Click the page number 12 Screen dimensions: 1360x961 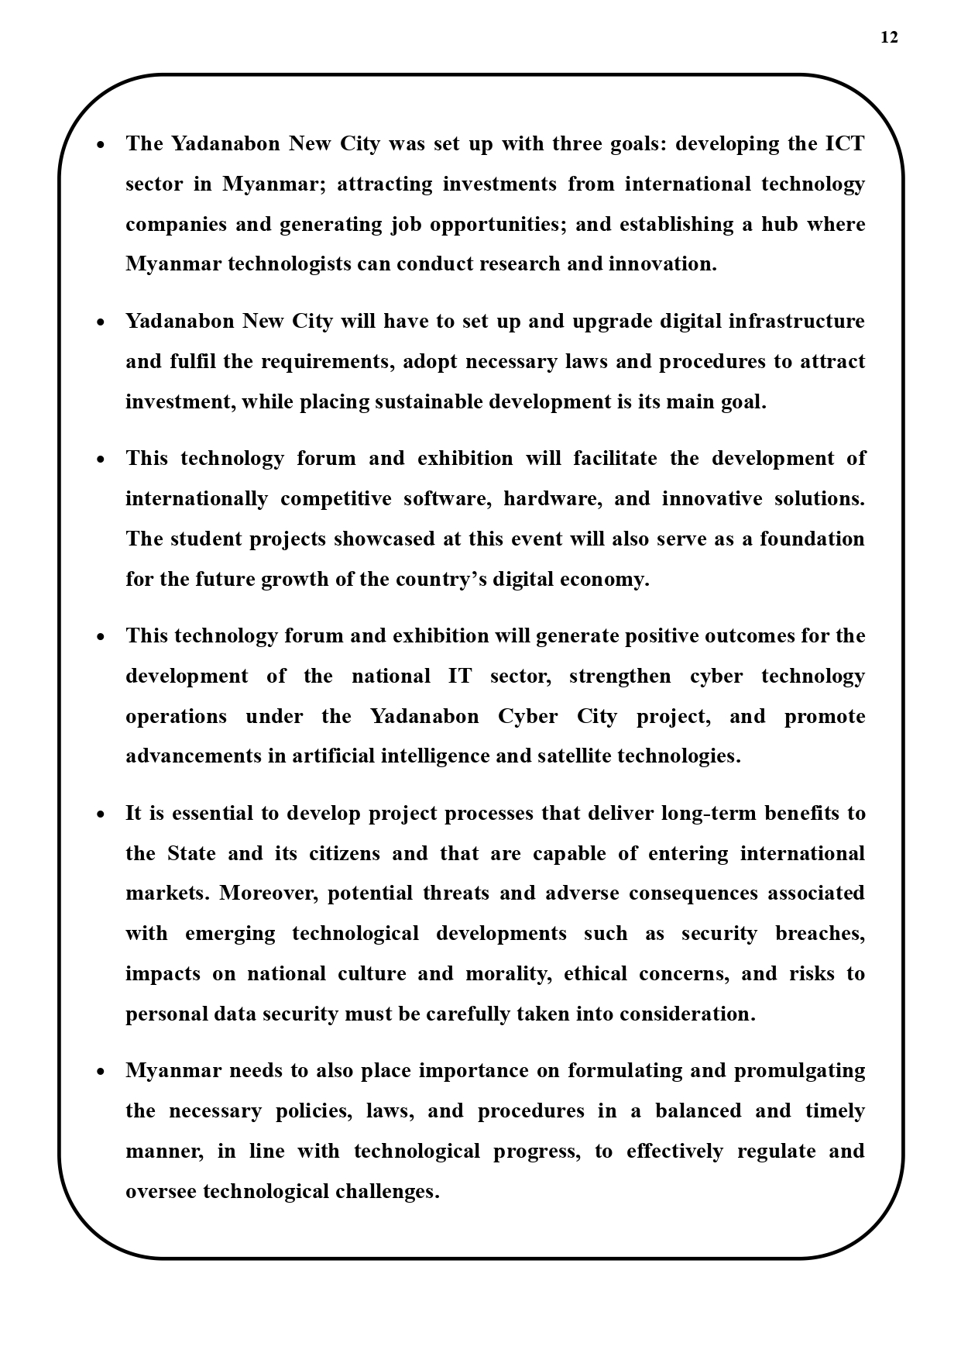(889, 37)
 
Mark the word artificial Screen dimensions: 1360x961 (333, 756)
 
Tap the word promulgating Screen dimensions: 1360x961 (799, 1071)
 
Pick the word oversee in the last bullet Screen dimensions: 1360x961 (161, 1192)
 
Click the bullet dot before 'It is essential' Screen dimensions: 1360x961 (101, 815)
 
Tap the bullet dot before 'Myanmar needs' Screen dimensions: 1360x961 (101, 1073)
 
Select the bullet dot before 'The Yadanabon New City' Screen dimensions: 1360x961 (101, 146)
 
